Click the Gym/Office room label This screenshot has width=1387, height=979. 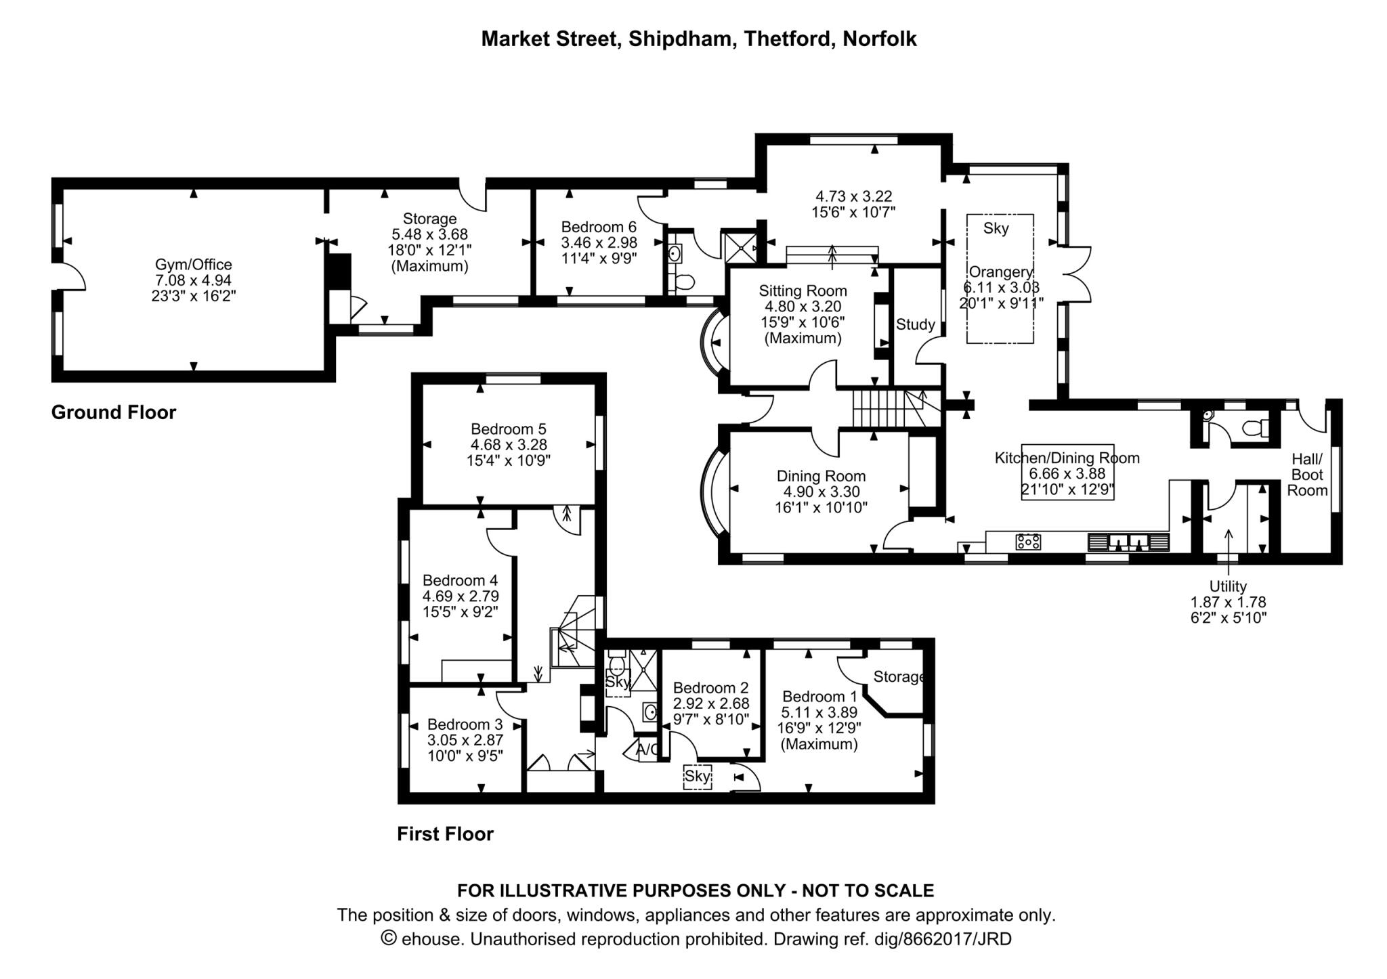(x=194, y=265)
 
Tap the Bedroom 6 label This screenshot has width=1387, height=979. (x=599, y=227)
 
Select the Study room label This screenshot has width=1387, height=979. (x=915, y=324)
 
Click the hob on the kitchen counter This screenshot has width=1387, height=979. (x=1028, y=542)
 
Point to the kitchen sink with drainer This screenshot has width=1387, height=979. (x=1128, y=542)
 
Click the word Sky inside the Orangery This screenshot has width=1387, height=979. (x=996, y=229)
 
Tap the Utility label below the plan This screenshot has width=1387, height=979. (x=1228, y=586)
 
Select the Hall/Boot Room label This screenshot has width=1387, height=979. (x=1306, y=475)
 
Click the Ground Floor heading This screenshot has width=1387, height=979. (x=114, y=412)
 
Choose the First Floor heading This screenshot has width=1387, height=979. (x=445, y=834)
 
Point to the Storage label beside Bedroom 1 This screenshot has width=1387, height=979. (x=898, y=676)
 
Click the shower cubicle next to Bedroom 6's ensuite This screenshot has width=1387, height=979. (x=740, y=247)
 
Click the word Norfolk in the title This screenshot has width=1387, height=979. (x=879, y=39)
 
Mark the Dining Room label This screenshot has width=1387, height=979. (x=821, y=476)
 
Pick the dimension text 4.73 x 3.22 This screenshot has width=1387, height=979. (x=853, y=196)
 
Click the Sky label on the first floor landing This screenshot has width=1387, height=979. (x=697, y=777)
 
